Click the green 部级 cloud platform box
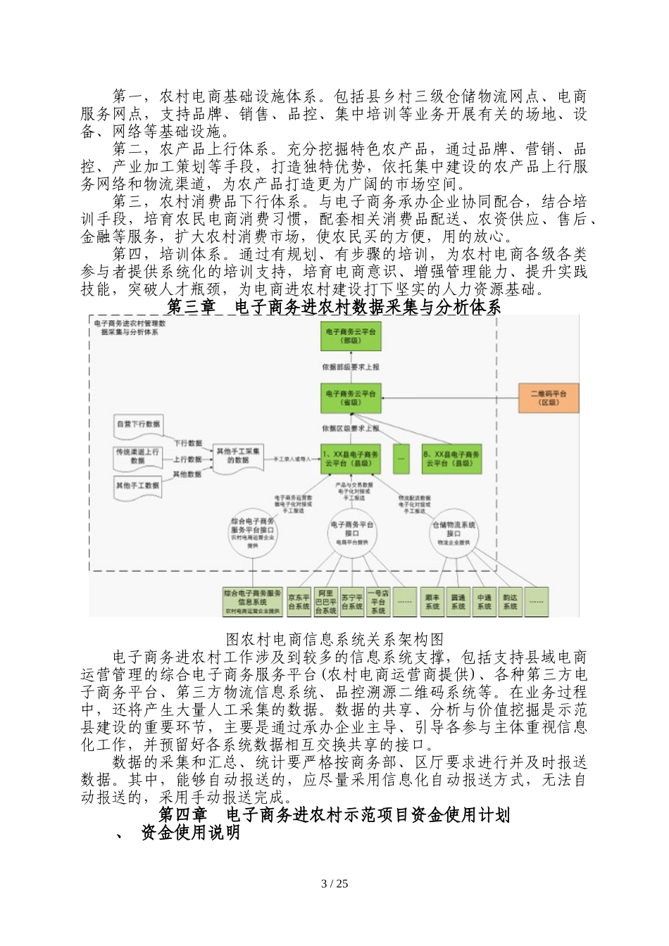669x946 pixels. [x=351, y=336]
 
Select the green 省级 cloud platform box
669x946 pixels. [x=351, y=398]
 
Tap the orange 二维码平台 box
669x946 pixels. [x=549, y=398]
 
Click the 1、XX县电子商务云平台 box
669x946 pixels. [x=351, y=458]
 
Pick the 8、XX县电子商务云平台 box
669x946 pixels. [x=452, y=458]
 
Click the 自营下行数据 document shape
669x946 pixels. [x=138, y=424]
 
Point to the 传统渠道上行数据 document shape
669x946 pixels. [x=138, y=455]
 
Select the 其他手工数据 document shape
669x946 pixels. [x=138, y=485]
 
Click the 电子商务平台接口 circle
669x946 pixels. [x=351, y=534]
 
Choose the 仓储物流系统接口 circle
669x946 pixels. [x=453, y=534]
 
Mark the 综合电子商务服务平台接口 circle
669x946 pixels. [x=251, y=534]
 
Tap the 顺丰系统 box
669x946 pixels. [x=432, y=601]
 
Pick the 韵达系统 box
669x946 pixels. [x=510, y=601]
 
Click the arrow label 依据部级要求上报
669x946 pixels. [x=351, y=367]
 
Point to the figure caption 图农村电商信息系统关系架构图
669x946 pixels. [x=334, y=639]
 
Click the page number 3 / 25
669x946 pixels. [x=334, y=884]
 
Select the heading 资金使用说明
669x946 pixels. [x=190, y=833]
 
